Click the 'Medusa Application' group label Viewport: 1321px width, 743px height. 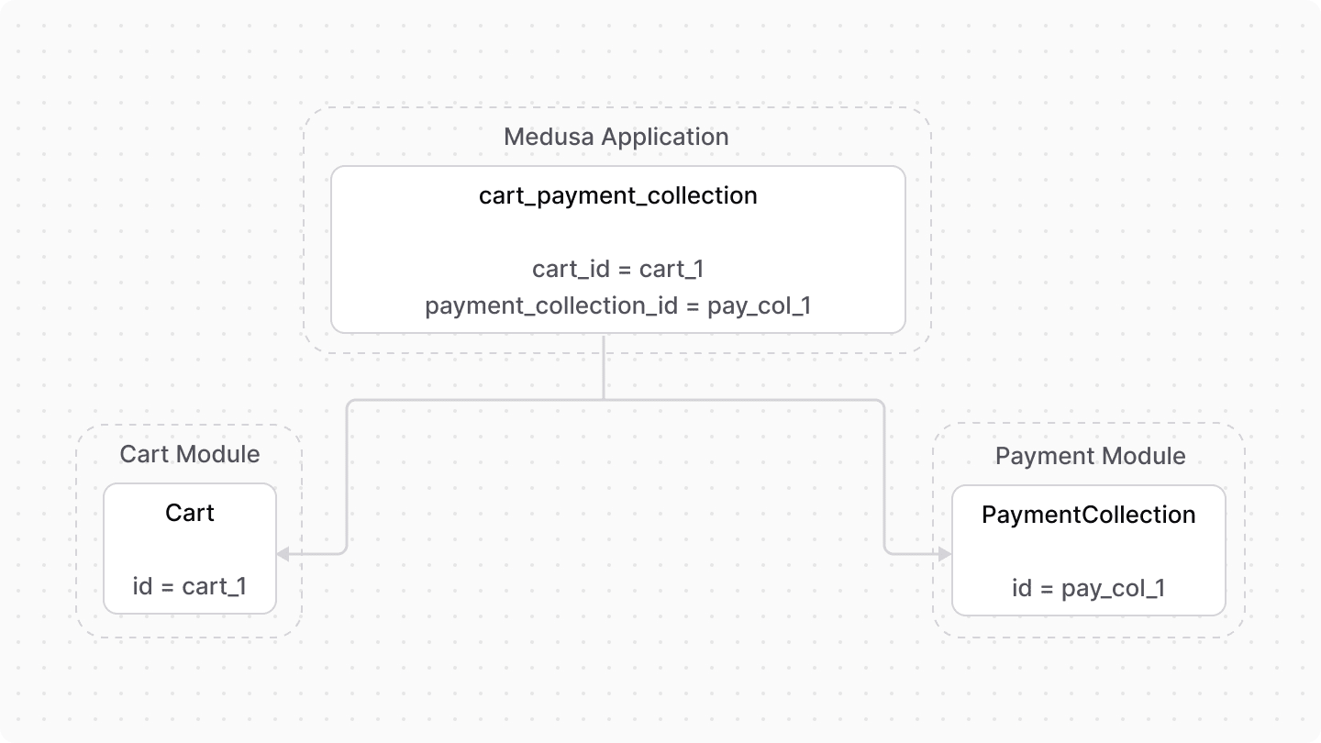(616, 137)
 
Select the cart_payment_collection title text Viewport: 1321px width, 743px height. (617, 195)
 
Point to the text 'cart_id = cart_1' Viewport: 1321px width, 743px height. (617, 269)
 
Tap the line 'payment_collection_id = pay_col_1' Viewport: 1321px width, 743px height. (617, 305)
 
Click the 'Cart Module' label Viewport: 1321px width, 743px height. (190, 454)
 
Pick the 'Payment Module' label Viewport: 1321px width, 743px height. (1090, 456)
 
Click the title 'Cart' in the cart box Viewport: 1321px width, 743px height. (190, 513)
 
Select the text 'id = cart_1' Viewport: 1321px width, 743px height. (190, 586)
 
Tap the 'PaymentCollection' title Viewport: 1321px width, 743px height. (1089, 515)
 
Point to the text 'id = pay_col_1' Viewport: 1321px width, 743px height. (1089, 588)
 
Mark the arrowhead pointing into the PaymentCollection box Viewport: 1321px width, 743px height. (944, 553)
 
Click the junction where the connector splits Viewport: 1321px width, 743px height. (604, 400)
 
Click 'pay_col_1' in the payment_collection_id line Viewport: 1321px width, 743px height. (759, 305)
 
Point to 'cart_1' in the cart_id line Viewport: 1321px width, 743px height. (672, 269)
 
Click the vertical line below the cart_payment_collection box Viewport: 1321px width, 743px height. (604, 367)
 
